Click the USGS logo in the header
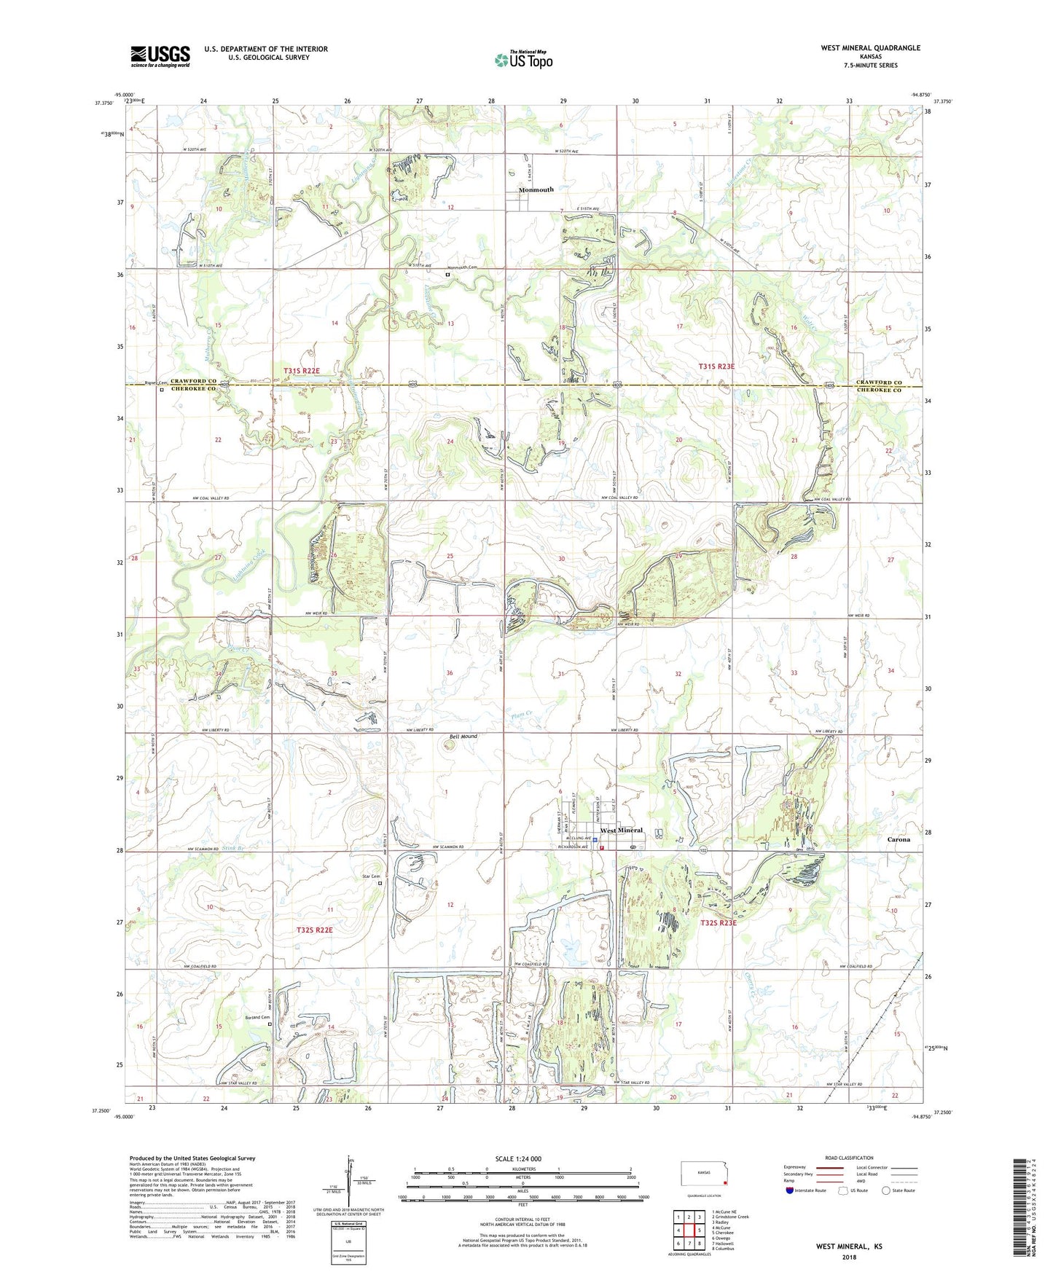coord(160,56)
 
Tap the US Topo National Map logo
coord(523,60)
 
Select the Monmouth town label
coord(536,189)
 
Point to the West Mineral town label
coord(621,831)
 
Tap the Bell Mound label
coord(463,737)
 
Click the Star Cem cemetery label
coord(371,876)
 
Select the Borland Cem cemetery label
coord(256,1017)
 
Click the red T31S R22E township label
coord(301,372)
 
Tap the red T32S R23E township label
coord(719,923)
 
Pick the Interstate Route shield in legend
coord(791,1190)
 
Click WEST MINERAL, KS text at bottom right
coord(848,1247)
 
